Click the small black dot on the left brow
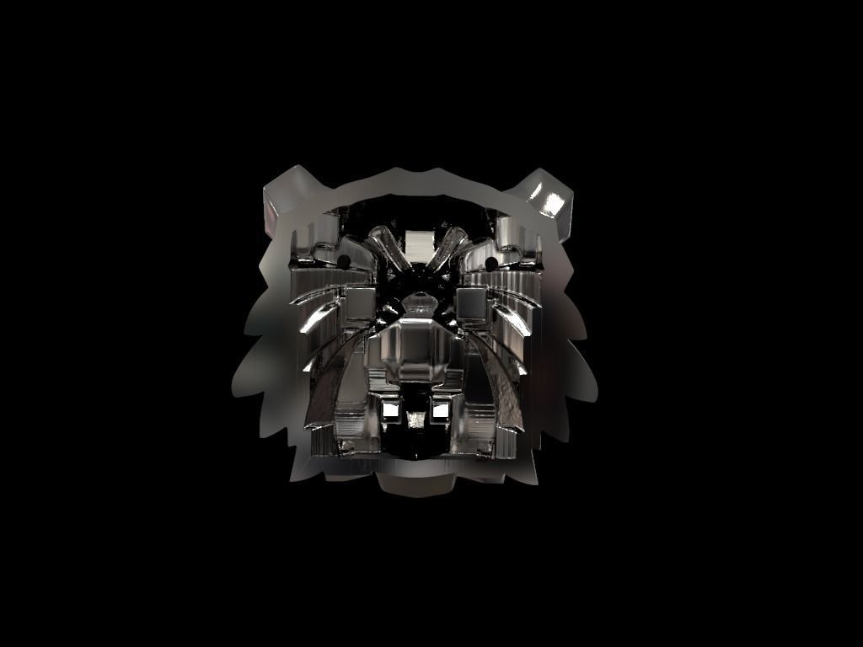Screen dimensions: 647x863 [x=344, y=260]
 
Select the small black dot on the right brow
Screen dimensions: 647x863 [x=492, y=264]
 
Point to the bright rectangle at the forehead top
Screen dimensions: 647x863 [x=417, y=243]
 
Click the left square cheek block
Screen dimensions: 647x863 [x=360, y=303]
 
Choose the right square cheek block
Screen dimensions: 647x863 [x=472, y=304]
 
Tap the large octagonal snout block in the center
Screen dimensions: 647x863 [x=415, y=350]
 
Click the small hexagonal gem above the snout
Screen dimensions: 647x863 [x=418, y=301]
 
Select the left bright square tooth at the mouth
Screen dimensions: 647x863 [x=390, y=410]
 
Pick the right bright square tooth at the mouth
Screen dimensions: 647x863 [x=441, y=410]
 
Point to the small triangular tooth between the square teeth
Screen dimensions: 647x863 [x=416, y=419]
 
